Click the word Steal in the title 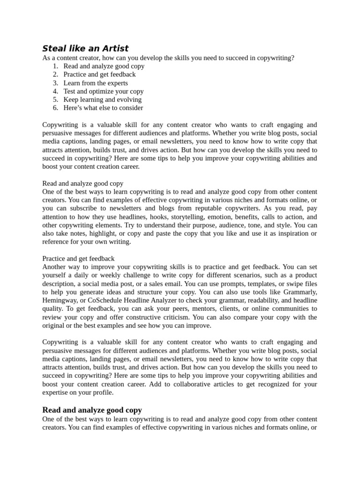(x=53, y=48)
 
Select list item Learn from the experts (x=96, y=83)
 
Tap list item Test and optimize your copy (x=103, y=91)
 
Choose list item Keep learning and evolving (x=102, y=99)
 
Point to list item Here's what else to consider (x=103, y=108)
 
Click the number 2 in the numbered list (x=55, y=75)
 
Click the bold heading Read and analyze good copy (x=92, y=410)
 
